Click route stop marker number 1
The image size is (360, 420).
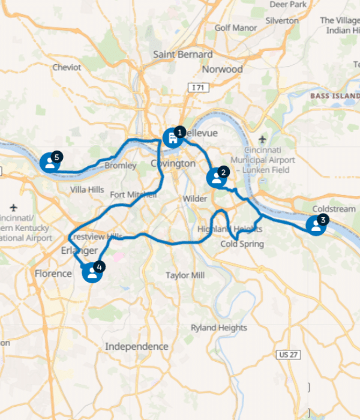point(173,137)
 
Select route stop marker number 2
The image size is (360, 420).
point(216,178)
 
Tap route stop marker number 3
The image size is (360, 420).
point(316,225)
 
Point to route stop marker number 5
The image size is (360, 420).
point(50,162)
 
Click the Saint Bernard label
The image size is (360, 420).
point(183,54)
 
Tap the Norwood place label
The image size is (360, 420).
point(222,69)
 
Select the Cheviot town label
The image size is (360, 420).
point(67,67)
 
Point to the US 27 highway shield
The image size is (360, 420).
point(288,355)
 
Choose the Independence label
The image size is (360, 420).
point(137,346)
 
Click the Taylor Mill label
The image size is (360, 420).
point(185,275)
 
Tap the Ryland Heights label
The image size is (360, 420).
point(218,328)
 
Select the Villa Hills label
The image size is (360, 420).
point(87,190)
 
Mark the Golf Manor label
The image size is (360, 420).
point(236,28)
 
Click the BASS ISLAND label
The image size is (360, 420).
point(334,95)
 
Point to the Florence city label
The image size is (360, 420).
point(53,273)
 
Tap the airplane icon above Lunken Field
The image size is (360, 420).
point(262,139)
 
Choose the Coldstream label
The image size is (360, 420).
point(334,209)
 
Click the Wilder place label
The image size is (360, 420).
point(195,199)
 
